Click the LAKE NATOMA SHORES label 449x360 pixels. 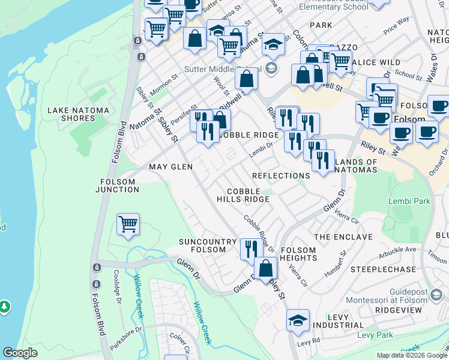click(71, 114)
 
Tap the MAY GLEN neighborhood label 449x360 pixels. click(170, 167)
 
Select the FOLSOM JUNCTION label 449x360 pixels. click(117, 185)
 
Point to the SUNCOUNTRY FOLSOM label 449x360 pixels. click(208, 245)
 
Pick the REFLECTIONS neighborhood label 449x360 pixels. click(281, 176)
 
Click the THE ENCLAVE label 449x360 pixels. click(343, 237)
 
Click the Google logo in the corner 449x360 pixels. click(20, 353)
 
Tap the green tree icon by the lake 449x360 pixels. click(5, 307)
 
